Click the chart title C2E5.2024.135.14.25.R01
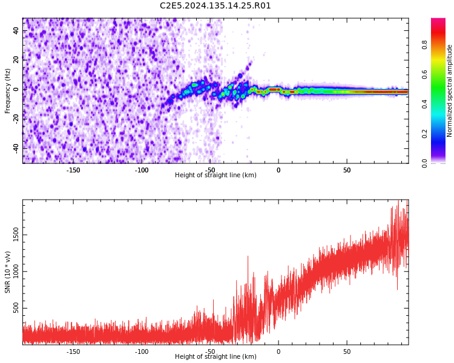[x=215, y=6]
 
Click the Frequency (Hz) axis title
[x=8, y=91]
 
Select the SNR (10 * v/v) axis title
[x=8, y=272]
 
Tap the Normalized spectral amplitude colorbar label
[x=450, y=91]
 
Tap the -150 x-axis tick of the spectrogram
[x=73, y=170]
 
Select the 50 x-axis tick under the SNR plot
[x=347, y=352]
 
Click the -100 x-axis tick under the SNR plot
[x=142, y=352]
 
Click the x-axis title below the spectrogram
[x=215, y=175]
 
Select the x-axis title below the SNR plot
[x=215, y=357]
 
